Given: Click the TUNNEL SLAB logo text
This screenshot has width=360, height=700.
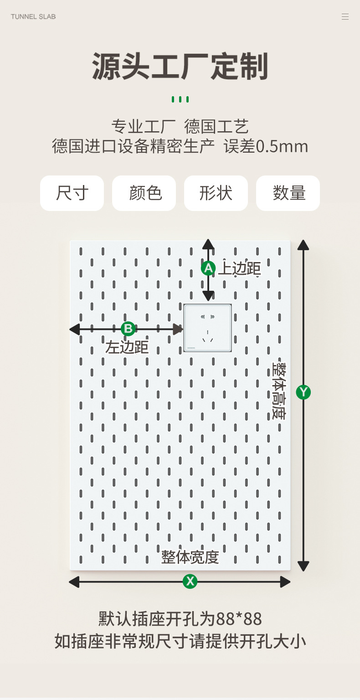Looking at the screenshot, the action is tap(33, 17).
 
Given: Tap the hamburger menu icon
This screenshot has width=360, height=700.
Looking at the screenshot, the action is tap(345, 17).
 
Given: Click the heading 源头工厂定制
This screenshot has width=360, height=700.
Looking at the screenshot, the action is tap(180, 67).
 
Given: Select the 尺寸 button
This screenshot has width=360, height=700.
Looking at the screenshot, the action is tap(72, 193).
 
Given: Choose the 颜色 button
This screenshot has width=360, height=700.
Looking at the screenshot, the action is tap(144, 193).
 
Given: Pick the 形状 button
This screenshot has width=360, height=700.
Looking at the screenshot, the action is tap(216, 193).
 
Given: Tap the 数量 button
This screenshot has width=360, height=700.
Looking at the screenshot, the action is tap(288, 193).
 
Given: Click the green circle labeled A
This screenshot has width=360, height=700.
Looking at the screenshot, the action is tap(208, 268).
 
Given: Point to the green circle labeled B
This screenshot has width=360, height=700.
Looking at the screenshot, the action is tap(128, 329).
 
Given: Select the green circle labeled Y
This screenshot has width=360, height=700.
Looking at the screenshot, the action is tap(303, 392).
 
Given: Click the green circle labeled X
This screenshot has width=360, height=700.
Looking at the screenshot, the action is tap(190, 581).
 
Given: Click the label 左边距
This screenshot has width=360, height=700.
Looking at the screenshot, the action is tap(127, 347).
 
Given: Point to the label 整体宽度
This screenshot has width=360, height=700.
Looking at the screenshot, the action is tap(190, 557).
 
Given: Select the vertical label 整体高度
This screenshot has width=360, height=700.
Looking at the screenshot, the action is tap(278, 391).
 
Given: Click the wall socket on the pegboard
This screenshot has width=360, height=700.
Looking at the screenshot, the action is tap(208, 328).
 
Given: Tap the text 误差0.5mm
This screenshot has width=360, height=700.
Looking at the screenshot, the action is tap(266, 146).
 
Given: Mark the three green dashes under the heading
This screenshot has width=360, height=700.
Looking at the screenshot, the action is tap(180, 99).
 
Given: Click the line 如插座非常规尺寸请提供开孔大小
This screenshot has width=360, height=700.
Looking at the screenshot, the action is tap(180, 641).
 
